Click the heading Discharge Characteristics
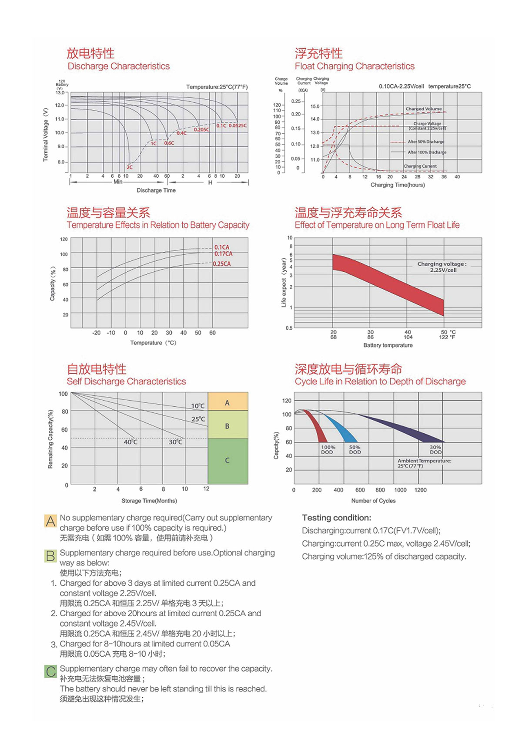point(118,66)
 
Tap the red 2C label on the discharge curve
point(130,167)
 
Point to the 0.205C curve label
point(201,130)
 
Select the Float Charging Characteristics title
point(355,66)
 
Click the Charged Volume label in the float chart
point(423,109)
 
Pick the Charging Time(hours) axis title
point(398,185)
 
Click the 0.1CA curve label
point(222,247)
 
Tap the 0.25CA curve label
point(222,264)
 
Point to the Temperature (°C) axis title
point(153,343)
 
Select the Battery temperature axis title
point(388,345)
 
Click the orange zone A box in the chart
point(228,402)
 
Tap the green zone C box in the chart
point(228,461)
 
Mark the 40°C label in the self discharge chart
point(130,442)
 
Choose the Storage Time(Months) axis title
point(149,501)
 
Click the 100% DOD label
point(328,450)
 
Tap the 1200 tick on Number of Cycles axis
point(421,490)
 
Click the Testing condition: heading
point(337,518)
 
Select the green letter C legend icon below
point(50,671)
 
